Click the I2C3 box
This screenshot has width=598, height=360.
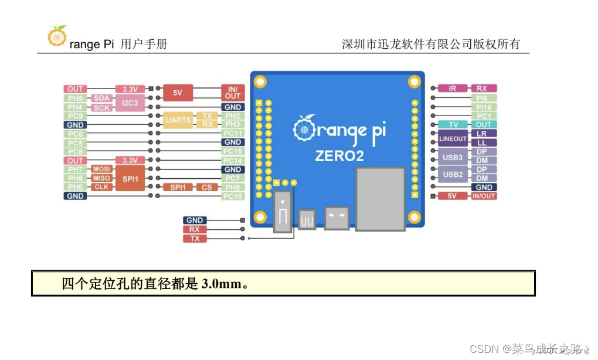[130, 103]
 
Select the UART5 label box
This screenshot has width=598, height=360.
[178, 120]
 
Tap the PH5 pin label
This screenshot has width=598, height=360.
[75, 99]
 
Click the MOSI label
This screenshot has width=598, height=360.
[101, 169]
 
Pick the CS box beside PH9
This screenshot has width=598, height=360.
[207, 187]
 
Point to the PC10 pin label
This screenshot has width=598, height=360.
[233, 196]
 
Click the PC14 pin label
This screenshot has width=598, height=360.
[233, 161]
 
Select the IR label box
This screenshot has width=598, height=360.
[452, 89]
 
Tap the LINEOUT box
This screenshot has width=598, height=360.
[453, 138]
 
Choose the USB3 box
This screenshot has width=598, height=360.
[453, 157]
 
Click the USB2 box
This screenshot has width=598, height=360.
[453, 174]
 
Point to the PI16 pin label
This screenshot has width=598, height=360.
[484, 107]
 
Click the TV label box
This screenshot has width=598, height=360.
[453, 125]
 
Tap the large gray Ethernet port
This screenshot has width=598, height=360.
[380, 199]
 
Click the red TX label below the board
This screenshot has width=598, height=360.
[195, 239]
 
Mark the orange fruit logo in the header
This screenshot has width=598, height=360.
[57, 36]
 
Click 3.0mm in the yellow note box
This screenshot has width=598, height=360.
[221, 284]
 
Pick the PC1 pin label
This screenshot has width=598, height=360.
[484, 116]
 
